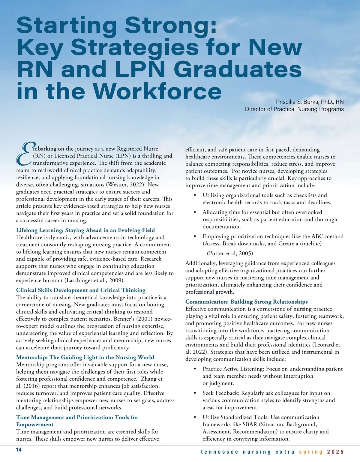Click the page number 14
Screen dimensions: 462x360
19,450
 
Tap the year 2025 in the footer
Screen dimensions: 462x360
335,452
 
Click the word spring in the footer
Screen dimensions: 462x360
311,452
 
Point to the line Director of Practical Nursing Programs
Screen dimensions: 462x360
294,109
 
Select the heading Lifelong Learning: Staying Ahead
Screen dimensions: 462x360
85,230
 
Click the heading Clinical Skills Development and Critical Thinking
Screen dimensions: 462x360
81,290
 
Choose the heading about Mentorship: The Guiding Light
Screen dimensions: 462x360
85,357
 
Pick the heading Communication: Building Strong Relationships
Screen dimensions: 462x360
246,301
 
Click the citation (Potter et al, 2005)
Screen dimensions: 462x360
231,253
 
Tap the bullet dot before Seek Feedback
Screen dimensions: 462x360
195,393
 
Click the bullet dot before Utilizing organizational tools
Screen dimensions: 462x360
195,195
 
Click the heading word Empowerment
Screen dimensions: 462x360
35,424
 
